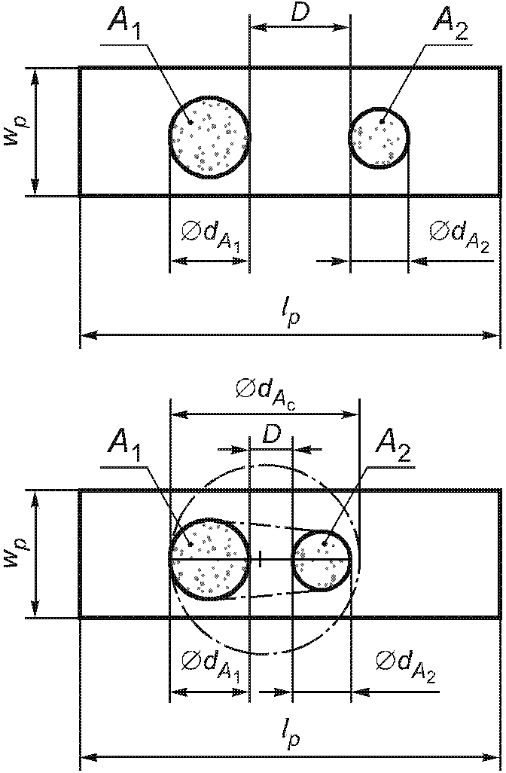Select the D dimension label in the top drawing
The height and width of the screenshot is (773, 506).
(301, 13)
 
